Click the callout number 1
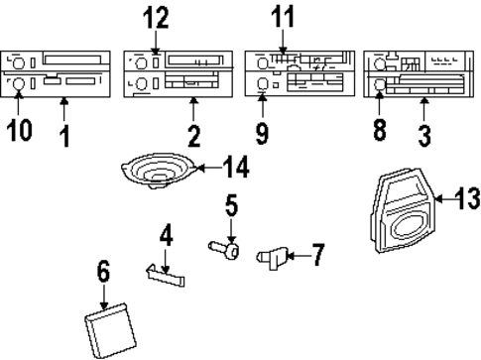coord(64,134)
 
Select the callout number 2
coord(193,134)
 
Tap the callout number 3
coord(424,134)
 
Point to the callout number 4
coord(166,236)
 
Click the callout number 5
coord(230,208)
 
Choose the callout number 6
coord(103,271)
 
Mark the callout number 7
coord(316,256)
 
